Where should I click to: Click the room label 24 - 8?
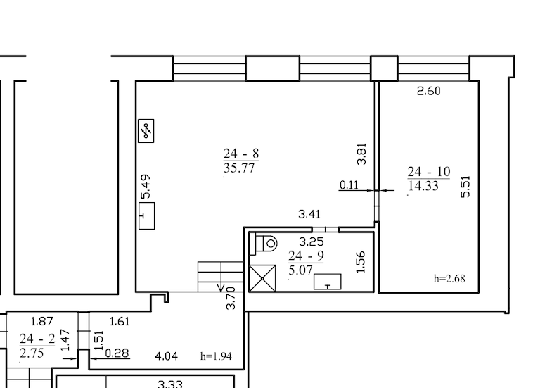pyautogui.click(x=241, y=154)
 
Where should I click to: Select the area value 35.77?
pyautogui.click(x=239, y=168)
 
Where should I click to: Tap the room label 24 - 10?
pyautogui.click(x=429, y=172)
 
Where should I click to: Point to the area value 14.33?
pyautogui.click(x=423, y=186)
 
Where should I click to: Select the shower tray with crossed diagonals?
pyautogui.click(x=262, y=278)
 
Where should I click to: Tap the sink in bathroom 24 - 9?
pyautogui.click(x=328, y=282)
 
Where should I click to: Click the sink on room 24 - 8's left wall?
pyautogui.click(x=147, y=215)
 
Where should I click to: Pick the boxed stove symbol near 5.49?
pyautogui.click(x=146, y=131)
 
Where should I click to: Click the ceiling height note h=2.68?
pyautogui.click(x=449, y=278)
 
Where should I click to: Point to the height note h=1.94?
pyautogui.click(x=216, y=356)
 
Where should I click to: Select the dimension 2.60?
pyautogui.click(x=429, y=92)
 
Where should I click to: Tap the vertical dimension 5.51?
pyautogui.click(x=465, y=187)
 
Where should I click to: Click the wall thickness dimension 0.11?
pyautogui.click(x=349, y=184)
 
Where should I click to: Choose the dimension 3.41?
pyautogui.click(x=309, y=214)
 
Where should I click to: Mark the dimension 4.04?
pyautogui.click(x=166, y=356)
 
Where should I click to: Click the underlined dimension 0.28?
pyautogui.click(x=117, y=353)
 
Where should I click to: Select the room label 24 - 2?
pyautogui.click(x=37, y=339)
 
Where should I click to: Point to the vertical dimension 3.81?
pyautogui.click(x=361, y=154)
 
